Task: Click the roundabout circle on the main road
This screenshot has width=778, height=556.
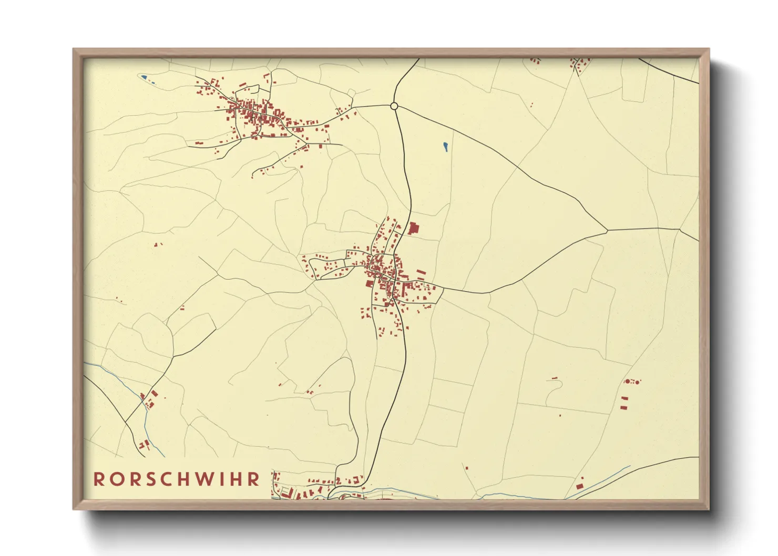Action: [394, 106]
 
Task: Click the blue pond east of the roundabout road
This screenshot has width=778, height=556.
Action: [445, 147]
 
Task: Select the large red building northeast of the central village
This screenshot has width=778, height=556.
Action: [413, 229]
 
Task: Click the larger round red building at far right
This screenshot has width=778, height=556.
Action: [627, 382]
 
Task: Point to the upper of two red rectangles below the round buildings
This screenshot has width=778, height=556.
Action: [625, 399]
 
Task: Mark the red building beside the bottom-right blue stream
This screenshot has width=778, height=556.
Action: [579, 486]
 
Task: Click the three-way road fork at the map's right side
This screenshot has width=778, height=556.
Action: [608, 230]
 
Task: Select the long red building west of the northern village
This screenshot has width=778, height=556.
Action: [199, 143]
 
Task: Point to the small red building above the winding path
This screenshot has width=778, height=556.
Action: [554, 378]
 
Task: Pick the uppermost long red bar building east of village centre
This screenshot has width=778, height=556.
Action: [421, 272]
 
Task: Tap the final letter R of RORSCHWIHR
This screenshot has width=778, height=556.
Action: [254, 479]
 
